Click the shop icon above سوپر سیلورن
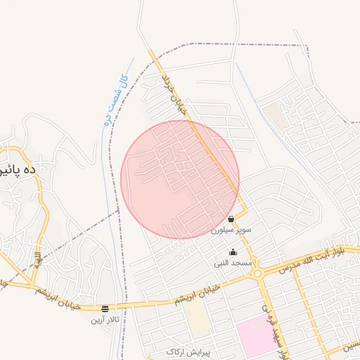tap(231, 220)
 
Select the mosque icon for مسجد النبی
tap(233, 252)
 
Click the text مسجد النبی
tap(233, 262)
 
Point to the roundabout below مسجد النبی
tap(258, 273)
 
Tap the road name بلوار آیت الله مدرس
tap(312, 259)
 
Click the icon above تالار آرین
tap(105, 308)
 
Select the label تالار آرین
tap(105, 320)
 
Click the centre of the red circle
tap(180, 179)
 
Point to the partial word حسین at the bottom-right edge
tap(349, 345)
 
